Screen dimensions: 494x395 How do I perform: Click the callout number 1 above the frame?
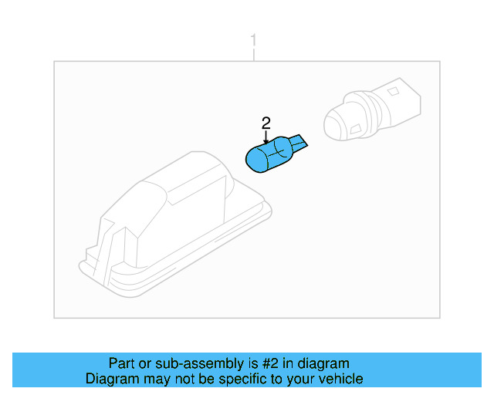coord(253,42)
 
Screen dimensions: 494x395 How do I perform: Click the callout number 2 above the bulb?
coord(266,123)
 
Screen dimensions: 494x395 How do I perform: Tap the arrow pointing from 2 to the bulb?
coord(266,137)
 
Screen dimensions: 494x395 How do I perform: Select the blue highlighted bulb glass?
coord(269,154)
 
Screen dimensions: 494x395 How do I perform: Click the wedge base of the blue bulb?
coord(299,143)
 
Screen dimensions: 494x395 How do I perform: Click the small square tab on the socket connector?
coord(393,92)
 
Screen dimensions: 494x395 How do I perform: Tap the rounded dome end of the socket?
coord(337,125)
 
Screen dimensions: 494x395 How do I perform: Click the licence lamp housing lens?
coord(175,225)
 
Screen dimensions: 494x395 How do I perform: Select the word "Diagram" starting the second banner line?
coord(112,379)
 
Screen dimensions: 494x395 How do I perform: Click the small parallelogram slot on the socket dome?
coord(355,129)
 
